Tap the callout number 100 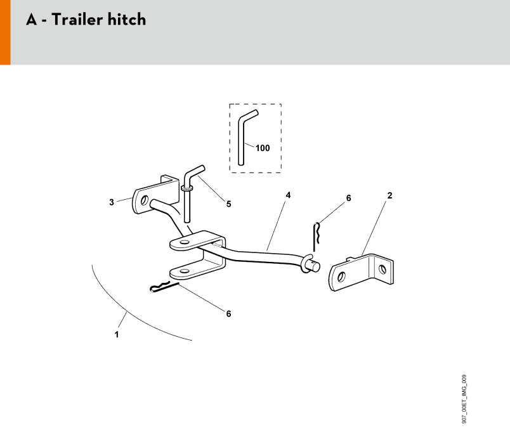(263, 148)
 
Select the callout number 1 (117, 334)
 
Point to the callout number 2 (389, 195)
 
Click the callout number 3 (112, 202)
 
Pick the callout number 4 (288, 195)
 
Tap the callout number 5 (228, 204)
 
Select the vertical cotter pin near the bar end (315, 237)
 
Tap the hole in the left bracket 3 (144, 200)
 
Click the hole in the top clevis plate (185, 242)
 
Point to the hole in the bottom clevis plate (184, 271)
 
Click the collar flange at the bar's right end (305, 264)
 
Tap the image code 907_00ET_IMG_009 (464, 399)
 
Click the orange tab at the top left (5, 32)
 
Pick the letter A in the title (32, 20)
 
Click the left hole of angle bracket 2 (341, 277)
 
